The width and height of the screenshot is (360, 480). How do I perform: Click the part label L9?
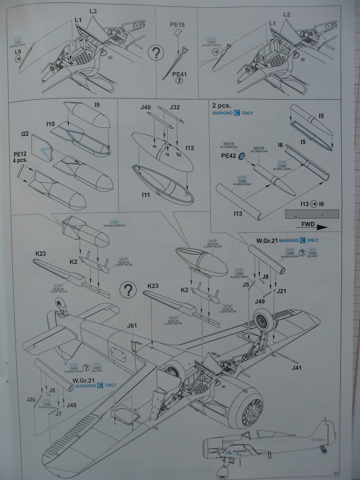(18, 52)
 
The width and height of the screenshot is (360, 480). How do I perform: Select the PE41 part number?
(179, 74)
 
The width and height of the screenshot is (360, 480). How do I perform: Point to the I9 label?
(97, 105)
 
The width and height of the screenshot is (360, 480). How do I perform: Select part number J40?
(146, 107)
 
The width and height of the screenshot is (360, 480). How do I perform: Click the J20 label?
(31, 399)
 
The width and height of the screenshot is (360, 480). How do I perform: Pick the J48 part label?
(72, 405)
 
